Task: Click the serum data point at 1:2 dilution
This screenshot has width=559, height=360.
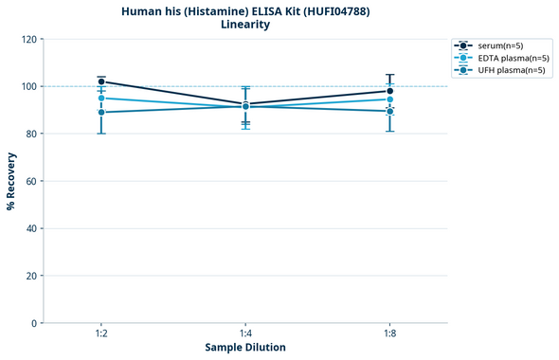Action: [101, 81]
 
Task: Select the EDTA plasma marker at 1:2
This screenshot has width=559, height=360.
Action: [101, 98]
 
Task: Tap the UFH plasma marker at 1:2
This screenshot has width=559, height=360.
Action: [101, 112]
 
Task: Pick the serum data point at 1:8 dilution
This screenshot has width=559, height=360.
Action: [389, 91]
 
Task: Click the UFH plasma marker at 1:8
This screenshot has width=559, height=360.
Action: [389, 111]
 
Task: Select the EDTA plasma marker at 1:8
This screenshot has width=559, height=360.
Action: [389, 99]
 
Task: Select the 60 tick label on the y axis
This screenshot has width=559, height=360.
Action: [30, 181]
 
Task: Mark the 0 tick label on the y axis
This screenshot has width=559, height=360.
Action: [33, 323]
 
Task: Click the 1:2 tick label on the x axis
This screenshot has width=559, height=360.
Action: [101, 334]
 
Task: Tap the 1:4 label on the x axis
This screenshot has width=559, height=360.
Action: [245, 334]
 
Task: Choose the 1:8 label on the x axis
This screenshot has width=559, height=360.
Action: [389, 334]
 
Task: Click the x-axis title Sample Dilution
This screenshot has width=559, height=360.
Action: [245, 348]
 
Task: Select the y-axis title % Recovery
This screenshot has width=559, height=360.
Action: [11, 181]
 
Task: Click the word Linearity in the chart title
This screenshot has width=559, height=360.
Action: [245, 25]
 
